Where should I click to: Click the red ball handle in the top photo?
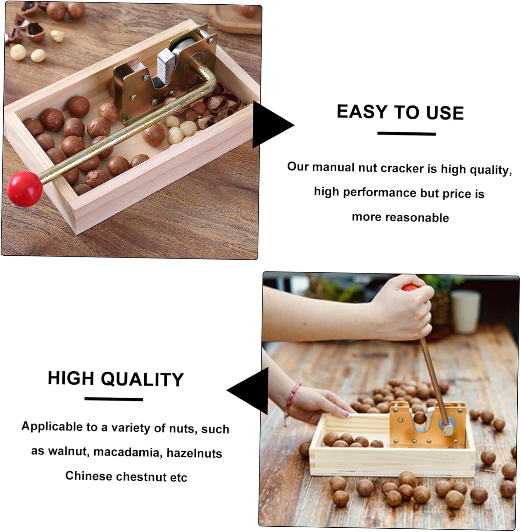[24, 188]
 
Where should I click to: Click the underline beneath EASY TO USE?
[406, 134]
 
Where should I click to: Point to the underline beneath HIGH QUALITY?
[113, 399]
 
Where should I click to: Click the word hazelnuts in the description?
[194, 453]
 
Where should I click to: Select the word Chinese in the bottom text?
[88, 476]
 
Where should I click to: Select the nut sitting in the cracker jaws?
[420, 417]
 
